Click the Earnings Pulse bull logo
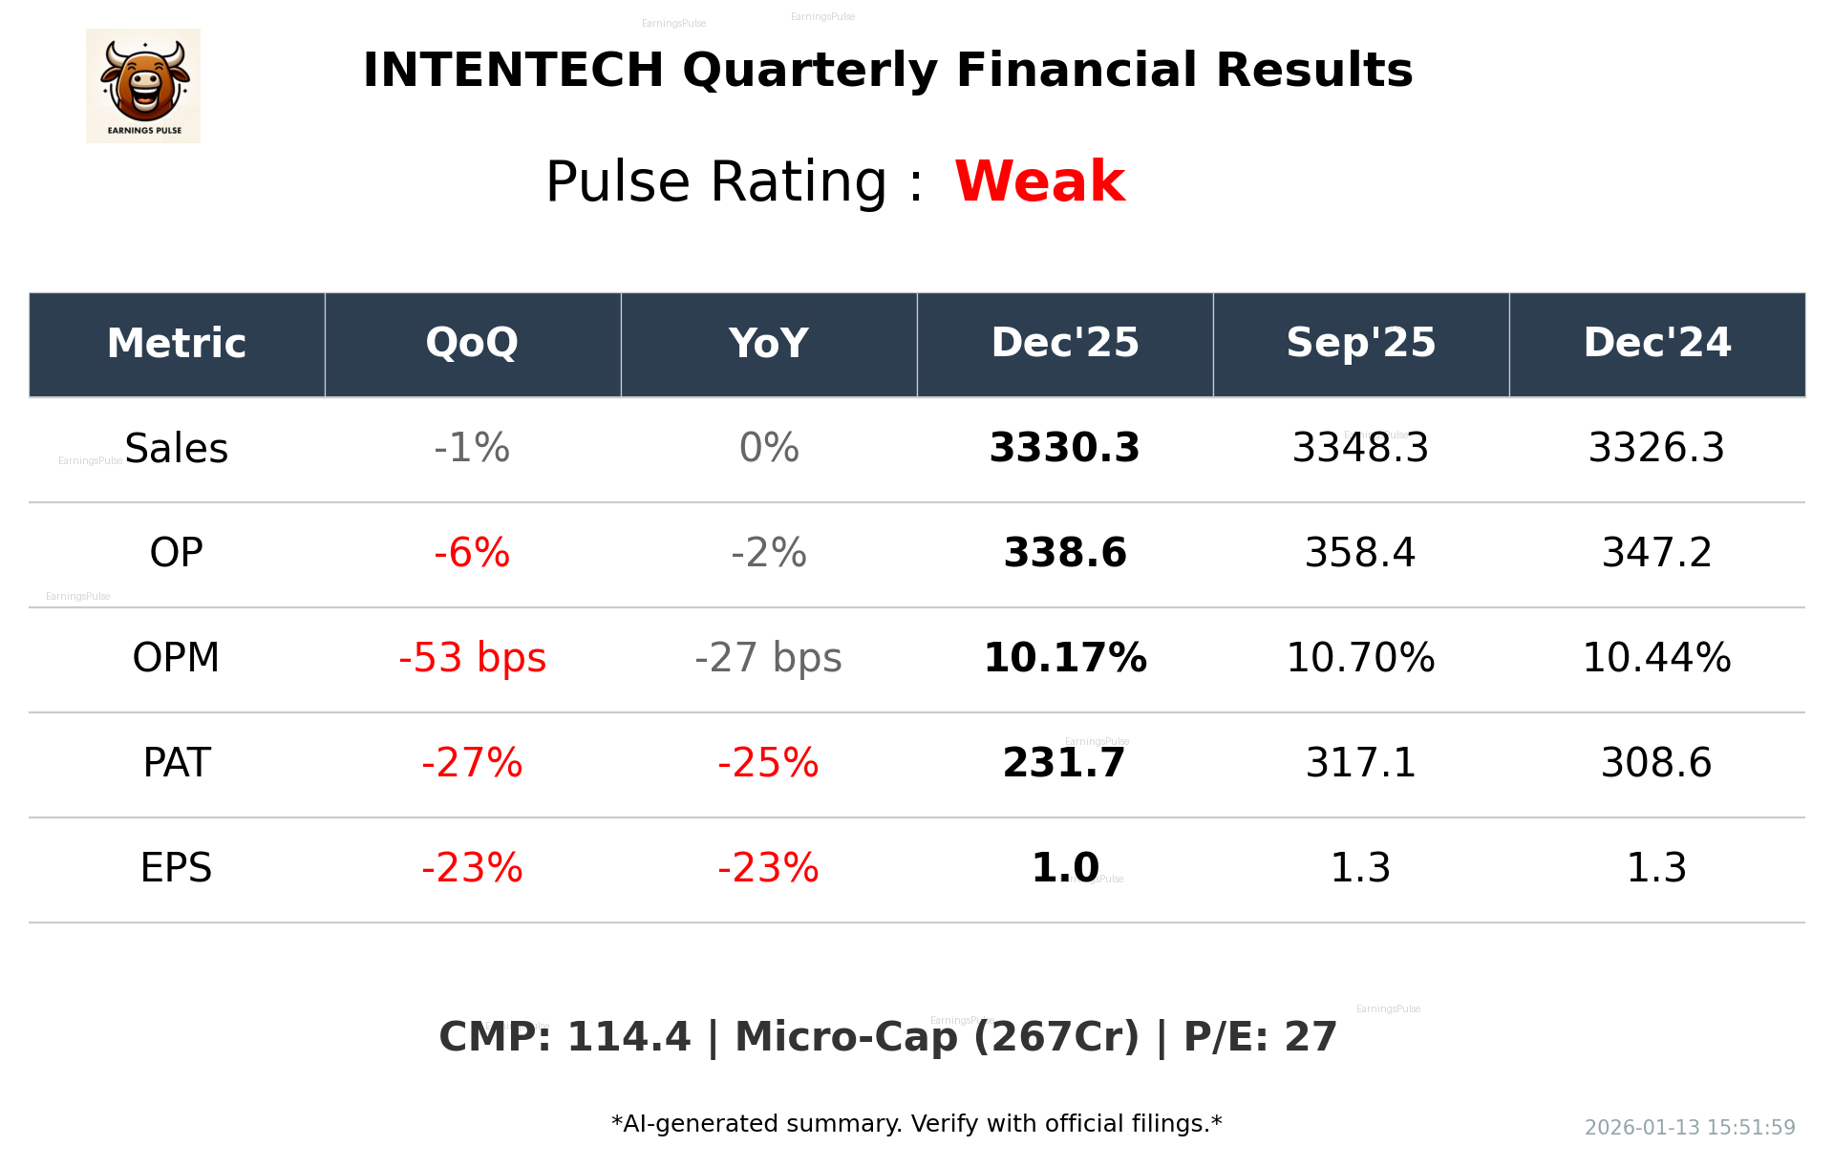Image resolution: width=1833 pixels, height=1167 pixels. click(143, 86)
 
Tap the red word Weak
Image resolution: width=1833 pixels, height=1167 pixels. click(1039, 181)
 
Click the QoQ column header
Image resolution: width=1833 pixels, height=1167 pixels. click(472, 343)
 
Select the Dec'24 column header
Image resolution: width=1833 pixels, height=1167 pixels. click(1656, 343)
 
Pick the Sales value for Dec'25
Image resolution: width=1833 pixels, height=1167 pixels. click(1064, 448)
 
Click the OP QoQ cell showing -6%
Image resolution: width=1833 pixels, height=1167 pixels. click(472, 553)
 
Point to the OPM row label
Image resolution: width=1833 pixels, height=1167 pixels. click(176, 658)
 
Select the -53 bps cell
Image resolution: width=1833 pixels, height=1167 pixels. click(472, 658)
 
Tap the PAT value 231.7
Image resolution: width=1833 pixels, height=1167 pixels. click(1064, 763)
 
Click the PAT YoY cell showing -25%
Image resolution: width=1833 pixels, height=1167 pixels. click(768, 763)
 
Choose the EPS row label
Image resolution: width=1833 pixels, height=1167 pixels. click(176, 868)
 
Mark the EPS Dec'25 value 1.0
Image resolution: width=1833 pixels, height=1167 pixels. click(1064, 868)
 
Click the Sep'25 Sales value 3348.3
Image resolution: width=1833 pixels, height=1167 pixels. click(1360, 448)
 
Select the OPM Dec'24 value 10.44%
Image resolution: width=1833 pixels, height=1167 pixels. click(1656, 658)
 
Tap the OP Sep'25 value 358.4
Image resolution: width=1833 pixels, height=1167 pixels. click(1360, 553)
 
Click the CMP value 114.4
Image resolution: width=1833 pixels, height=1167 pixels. click(628, 1037)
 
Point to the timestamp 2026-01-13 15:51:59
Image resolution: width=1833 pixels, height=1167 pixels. click(1689, 1128)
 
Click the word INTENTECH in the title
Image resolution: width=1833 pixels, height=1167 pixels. click(513, 71)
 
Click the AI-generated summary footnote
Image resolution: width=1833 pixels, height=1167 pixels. click(916, 1124)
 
